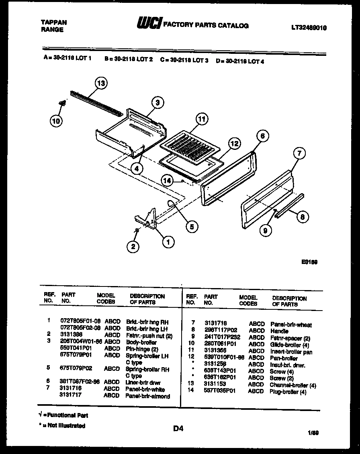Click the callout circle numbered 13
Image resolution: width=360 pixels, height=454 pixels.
coord(102,84)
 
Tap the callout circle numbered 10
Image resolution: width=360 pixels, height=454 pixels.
coord(57,121)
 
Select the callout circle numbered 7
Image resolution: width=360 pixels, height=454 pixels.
coord(299,153)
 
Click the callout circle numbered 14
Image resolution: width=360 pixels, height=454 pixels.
coord(168,181)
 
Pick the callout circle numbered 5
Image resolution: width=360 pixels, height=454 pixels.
coord(192,227)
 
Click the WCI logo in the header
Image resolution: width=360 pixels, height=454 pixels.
coord(149,24)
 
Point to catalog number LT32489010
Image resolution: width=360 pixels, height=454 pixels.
coord(309,28)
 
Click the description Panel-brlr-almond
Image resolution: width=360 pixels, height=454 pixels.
coord(147,396)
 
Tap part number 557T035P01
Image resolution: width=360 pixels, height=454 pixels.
coord(220,391)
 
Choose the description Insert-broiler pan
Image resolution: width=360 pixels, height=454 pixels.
coord(291,352)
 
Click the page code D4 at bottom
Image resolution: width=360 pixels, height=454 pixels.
coord(178,429)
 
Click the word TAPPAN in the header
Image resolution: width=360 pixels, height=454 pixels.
coord(54,22)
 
